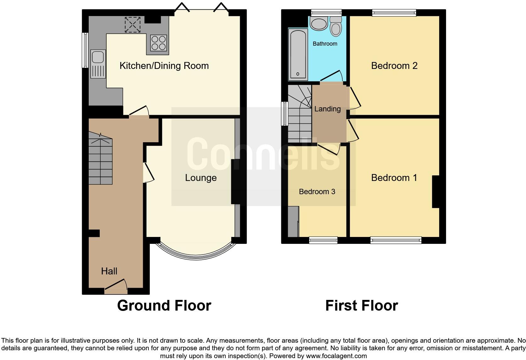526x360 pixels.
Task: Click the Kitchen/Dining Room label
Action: tap(164, 66)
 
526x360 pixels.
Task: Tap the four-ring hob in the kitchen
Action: tap(158, 43)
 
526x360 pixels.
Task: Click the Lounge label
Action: tap(201, 178)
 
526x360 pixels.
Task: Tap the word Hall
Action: tap(109, 271)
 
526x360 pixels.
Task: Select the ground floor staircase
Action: tap(100, 159)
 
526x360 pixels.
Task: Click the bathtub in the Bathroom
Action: tap(298, 53)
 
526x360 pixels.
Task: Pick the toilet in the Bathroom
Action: tap(336, 27)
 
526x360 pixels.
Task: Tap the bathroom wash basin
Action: tap(319, 24)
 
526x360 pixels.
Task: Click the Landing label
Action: tap(327, 109)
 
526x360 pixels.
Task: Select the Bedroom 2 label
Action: tap(394, 66)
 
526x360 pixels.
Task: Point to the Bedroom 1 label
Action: tap(394, 178)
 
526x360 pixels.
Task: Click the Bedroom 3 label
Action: tap(317, 192)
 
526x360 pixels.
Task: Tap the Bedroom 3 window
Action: tap(323, 240)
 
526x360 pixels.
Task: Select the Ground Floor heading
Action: tap(164, 306)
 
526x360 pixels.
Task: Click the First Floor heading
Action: tap(361, 306)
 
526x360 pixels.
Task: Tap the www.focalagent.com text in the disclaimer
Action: tap(336, 356)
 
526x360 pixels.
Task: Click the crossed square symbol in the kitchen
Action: tap(132, 25)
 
